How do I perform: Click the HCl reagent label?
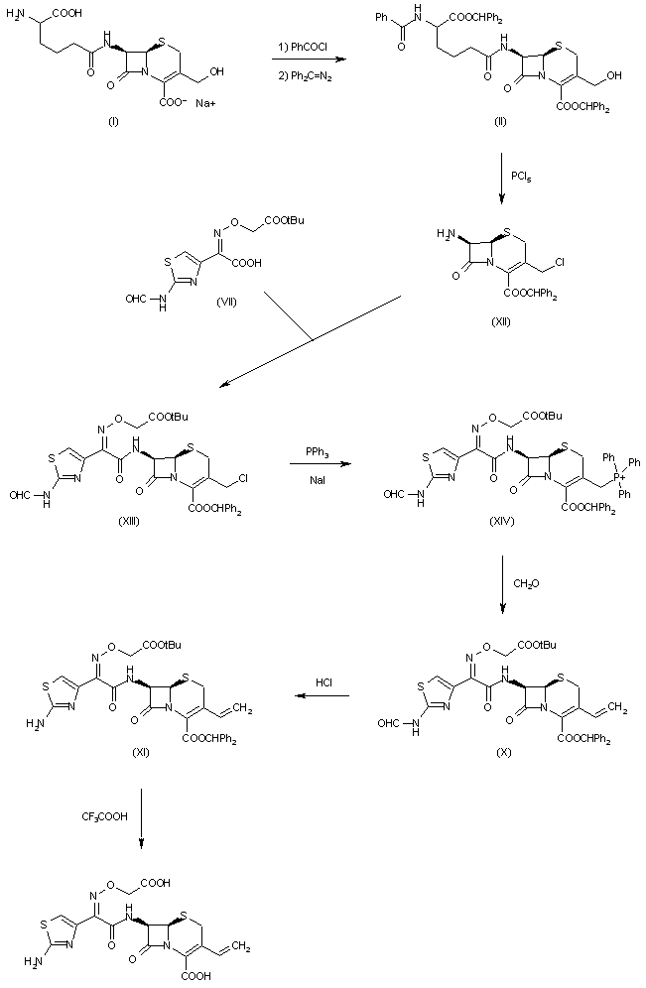point(324,682)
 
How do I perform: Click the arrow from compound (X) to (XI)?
point(319,696)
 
